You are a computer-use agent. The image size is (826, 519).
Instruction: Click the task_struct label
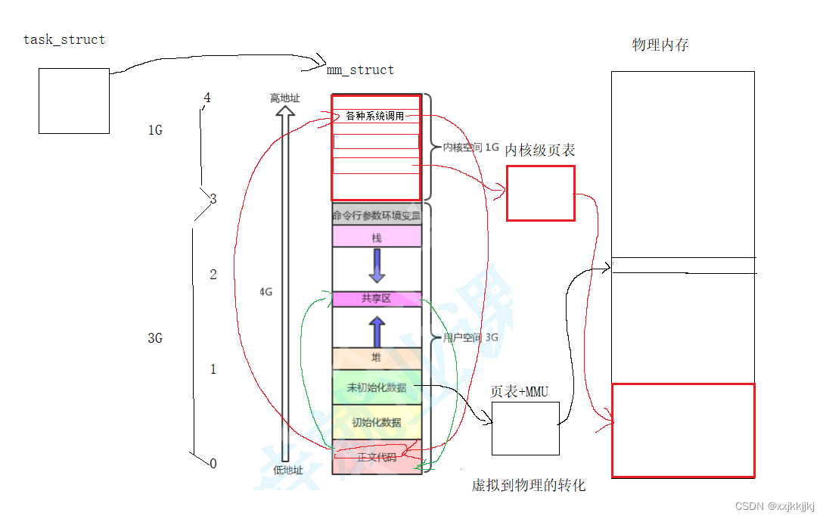pos(64,39)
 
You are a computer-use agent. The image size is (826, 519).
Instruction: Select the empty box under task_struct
pos(74,101)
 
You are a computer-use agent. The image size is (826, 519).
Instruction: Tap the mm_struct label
pos(360,70)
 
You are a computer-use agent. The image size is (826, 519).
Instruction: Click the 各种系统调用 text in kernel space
pos(375,117)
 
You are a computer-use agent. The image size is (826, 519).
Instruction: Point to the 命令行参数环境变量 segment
pos(376,215)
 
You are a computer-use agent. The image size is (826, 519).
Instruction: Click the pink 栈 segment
pos(376,238)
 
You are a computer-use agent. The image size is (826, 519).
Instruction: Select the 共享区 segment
pos(376,299)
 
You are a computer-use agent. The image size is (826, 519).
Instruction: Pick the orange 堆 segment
pos(376,358)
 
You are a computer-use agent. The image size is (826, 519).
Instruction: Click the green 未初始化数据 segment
pos(376,387)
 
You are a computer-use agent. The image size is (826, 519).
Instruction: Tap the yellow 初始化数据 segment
pos(376,422)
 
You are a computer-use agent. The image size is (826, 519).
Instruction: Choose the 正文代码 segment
pos(376,457)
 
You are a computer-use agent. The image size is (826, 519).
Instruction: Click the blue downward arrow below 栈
pos(377,266)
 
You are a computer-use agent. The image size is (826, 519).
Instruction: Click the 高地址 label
pos(284,98)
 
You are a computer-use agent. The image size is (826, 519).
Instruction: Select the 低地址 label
pos(287,470)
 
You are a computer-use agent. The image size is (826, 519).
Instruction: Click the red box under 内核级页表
pos(540,194)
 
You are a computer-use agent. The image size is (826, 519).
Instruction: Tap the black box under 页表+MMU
pos(525,428)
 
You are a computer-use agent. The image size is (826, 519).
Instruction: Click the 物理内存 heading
pos(660,45)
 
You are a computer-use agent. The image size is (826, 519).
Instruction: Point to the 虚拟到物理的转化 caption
pos(528,486)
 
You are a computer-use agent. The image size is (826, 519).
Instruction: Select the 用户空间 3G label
pos(470,338)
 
